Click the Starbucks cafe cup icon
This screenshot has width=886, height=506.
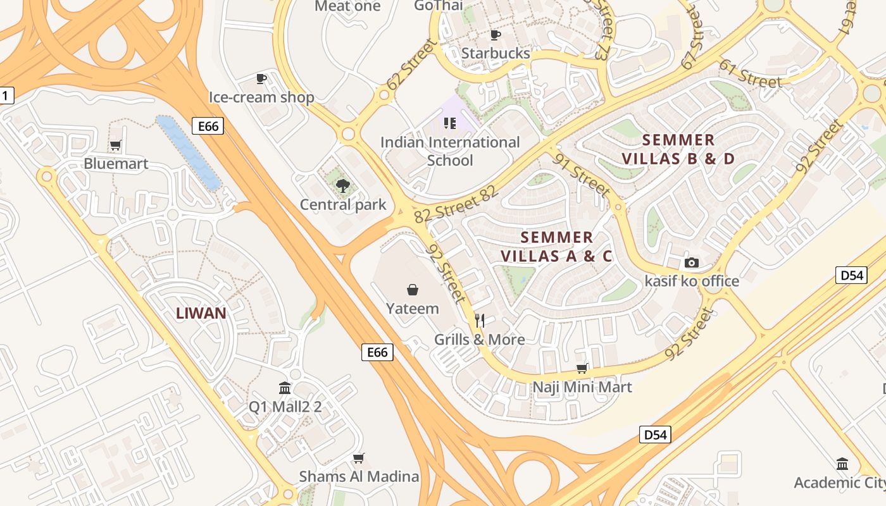click(x=496, y=35)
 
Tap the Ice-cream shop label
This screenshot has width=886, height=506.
click(x=261, y=97)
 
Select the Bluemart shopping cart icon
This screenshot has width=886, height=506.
click(x=115, y=145)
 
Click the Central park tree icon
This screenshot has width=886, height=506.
click(x=342, y=186)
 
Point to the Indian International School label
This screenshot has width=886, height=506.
click(x=450, y=151)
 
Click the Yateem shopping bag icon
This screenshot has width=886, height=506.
click(x=413, y=290)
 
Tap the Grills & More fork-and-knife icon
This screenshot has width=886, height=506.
click(x=480, y=321)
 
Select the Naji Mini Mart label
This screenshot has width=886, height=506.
click(x=582, y=386)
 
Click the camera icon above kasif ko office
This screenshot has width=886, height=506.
click(x=692, y=262)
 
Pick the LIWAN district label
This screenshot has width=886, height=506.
click(x=201, y=313)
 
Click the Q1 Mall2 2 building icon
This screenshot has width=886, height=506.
click(x=285, y=388)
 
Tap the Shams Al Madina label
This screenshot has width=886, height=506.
click(x=359, y=476)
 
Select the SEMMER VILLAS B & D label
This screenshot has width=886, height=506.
click(x=678, y=149)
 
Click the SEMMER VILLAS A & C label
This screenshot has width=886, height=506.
click(x=557, y=247)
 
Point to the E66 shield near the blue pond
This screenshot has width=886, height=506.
click(x=208, y=126)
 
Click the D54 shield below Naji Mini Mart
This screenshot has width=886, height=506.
click(x=654, y=435)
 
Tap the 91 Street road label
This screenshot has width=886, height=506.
click(x=582, y=175)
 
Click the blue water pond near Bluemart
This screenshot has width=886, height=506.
click(x=188, y=152)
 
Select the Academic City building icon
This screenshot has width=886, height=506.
click(x=842, y=464)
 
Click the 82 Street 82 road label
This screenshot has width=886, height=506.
click(x=456, y=204)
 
